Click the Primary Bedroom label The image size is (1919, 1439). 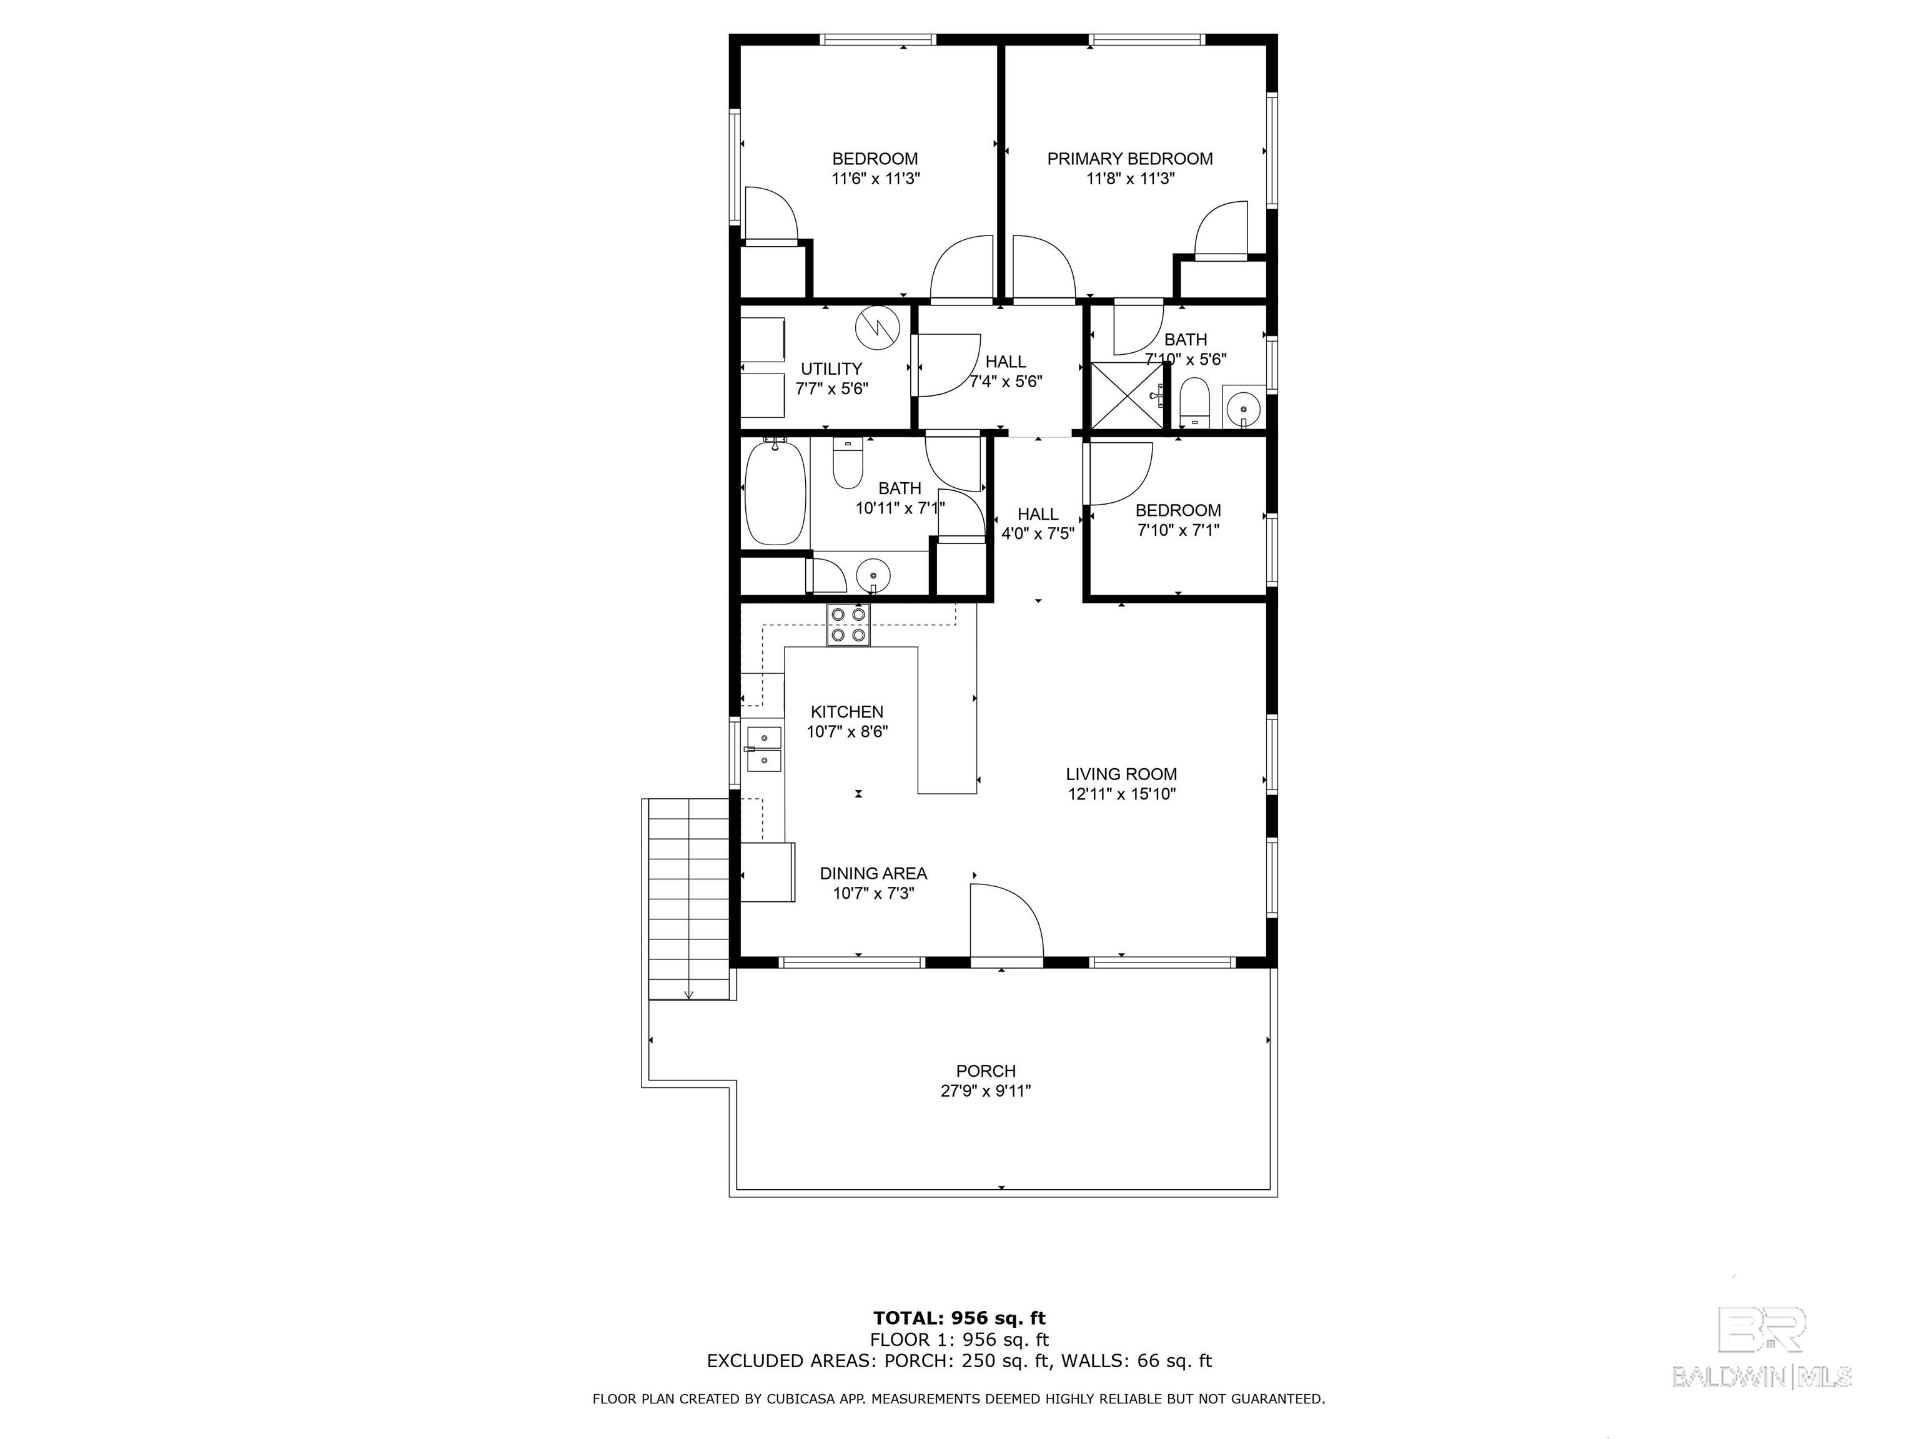pos(1129,159)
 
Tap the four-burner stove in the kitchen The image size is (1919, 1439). pos(848,625)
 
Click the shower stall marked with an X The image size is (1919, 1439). pos(1126,395)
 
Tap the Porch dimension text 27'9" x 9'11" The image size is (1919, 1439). pos(986,1091)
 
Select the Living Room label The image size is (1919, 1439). pos(1121,774)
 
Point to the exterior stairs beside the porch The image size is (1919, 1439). pos(689,899)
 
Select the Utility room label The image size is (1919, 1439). pos(831,368)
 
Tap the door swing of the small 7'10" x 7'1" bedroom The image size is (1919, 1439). pos(1119,473)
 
